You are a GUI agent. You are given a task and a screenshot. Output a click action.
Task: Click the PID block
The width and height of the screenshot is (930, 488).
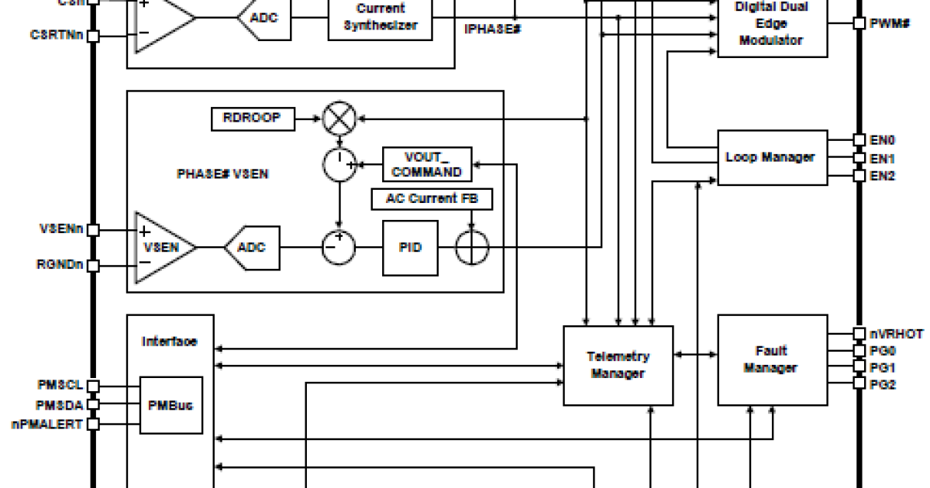tap(410, 248)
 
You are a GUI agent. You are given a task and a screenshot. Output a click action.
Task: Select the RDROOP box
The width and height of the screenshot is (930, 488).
tap(252, 119)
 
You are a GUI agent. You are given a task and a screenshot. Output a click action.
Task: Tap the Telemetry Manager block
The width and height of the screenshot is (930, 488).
tap(618, 365)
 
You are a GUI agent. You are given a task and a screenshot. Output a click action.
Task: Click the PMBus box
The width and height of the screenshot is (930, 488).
tap(170, 404)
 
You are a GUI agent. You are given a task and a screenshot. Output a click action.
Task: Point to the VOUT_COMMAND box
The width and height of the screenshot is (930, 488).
tap(426, 164)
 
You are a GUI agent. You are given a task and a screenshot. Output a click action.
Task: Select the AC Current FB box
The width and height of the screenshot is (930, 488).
tap(432, 198)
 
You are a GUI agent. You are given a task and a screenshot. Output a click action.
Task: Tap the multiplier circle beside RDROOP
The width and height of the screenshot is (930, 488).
tap(339, 119)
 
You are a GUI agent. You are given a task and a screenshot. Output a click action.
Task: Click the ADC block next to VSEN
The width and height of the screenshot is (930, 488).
tap(252, 247)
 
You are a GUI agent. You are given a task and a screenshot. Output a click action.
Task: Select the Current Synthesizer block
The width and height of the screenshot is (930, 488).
tap(380, 17)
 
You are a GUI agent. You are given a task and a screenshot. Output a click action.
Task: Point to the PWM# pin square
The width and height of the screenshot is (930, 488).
tap(859, 23)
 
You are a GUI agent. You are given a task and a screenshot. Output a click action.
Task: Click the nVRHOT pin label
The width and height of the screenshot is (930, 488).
tap(896, 334)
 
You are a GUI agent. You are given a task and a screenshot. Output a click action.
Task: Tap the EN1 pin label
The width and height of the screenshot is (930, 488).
tap(883, 158)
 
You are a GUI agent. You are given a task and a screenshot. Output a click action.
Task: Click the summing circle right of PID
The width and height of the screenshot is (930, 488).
tap(472, 248)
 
